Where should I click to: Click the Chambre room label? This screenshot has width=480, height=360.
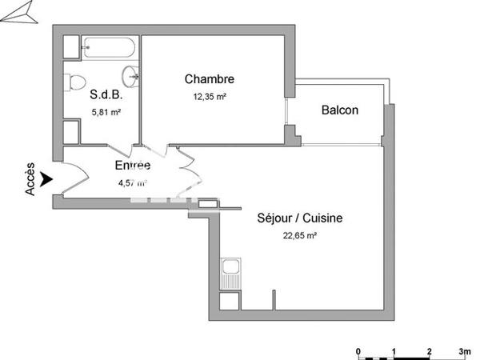209,79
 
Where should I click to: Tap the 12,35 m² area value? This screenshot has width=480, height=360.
209,97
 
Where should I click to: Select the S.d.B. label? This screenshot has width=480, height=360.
105,95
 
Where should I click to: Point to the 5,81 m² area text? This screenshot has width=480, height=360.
105,113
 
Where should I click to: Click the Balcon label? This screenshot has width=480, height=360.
339,110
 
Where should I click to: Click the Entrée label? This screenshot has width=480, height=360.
132,166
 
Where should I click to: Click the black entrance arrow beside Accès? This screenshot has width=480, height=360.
47,180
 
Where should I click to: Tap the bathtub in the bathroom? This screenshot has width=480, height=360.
109,49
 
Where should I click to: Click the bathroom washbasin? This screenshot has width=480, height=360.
130,77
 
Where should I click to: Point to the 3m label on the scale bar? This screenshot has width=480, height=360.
464,351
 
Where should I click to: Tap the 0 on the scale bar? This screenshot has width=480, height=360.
359,351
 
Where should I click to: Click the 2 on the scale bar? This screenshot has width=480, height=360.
429,351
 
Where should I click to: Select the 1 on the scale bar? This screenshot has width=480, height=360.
394,351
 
